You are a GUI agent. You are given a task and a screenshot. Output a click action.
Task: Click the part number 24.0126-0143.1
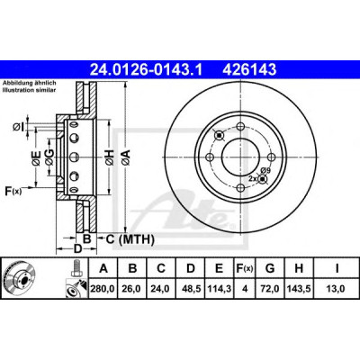[x=147, y=70]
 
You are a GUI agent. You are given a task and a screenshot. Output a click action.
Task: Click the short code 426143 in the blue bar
[x=249, y=70]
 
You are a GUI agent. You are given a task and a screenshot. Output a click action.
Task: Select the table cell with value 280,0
[x=103, y=289]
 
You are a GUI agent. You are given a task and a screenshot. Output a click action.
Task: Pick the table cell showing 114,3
[x=220, y=289]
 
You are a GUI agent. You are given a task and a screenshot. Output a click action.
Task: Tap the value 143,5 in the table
[x=299, y=289]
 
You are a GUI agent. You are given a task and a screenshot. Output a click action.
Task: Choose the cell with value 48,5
[x=191, y=289]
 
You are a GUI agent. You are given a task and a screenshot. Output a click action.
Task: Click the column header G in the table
[x=270, y=268]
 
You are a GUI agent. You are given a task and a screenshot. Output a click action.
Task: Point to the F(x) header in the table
[x=245, y=268]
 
